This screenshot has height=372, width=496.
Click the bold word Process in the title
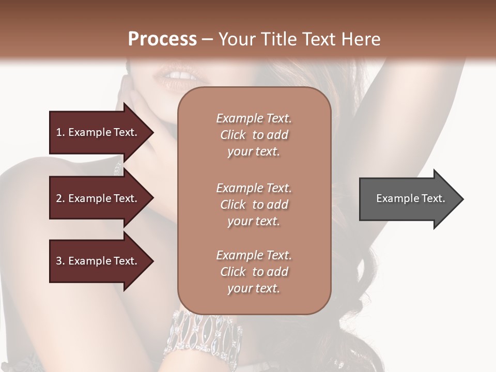(162, 39)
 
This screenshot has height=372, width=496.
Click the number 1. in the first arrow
(60, 132)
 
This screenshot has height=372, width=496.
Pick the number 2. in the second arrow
(60, 198)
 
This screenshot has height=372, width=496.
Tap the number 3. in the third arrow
(60, 261)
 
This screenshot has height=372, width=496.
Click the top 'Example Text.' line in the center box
(254, 118)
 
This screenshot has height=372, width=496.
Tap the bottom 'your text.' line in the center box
(254, 288)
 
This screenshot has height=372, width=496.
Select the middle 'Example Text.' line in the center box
(254, 188)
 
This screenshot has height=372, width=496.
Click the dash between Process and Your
(208, 39)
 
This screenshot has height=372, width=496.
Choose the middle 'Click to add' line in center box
(254, 205)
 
